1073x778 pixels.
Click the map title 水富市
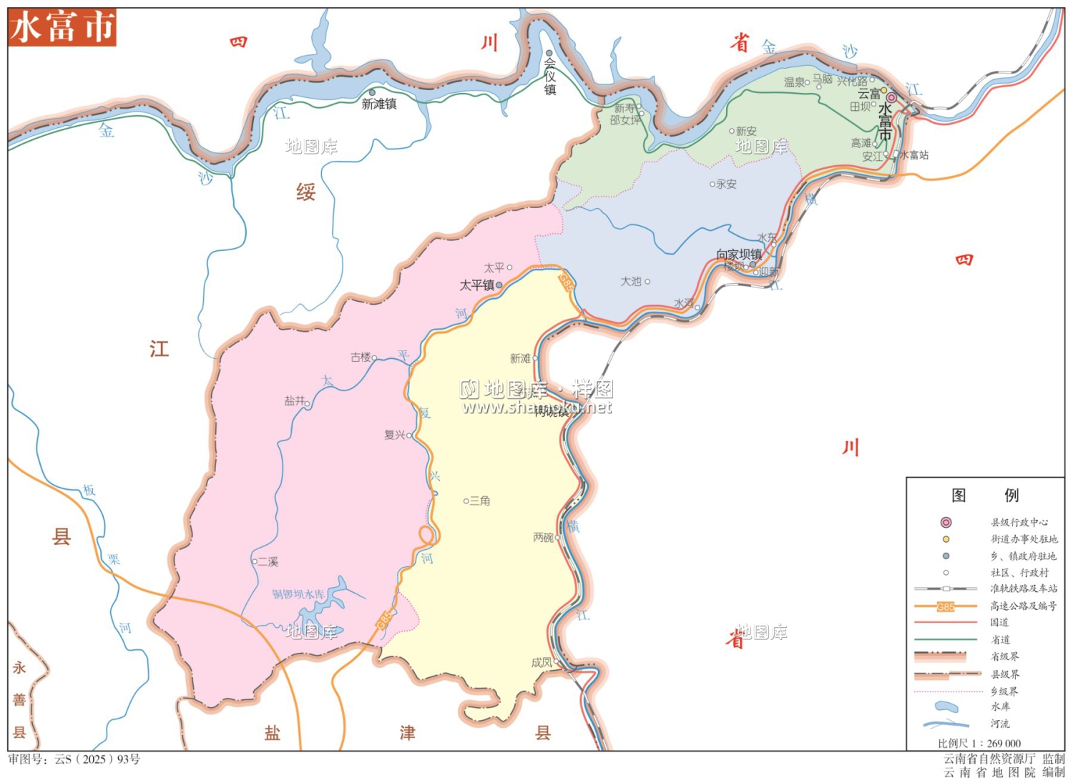click(62, 28)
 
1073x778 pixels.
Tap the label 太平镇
click(477, 285)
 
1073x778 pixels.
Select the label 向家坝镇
click(739, 255)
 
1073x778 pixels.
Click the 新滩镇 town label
click(379, 104)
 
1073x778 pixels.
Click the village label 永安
click(726, 184)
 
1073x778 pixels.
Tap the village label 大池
click(631, 282)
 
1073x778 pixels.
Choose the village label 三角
click(480, 501)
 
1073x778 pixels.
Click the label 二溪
click(268, 562)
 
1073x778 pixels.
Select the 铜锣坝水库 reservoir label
click(298, 594)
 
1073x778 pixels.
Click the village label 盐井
click(295, 401)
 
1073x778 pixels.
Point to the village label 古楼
click(361, 357)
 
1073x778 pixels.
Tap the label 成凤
click(542, 663)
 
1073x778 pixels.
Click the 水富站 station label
click(914, 155)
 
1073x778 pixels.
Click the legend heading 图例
click(985, 495)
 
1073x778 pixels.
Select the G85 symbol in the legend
click(946, 606)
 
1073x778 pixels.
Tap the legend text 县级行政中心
click(1019, 523)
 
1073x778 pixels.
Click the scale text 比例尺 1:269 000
click(979, 743)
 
